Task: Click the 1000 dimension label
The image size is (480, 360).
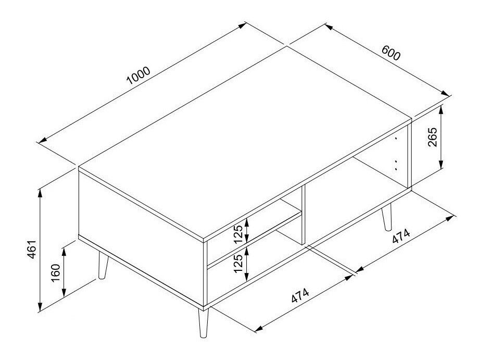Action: click(138, 76)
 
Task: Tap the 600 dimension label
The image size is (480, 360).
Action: click(390, 53)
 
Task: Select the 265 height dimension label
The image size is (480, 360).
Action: click(433, 137)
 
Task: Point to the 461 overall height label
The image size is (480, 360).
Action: click(32, 250)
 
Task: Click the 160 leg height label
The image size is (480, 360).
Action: click(55, 272)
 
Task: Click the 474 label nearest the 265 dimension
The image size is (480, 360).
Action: click(401, 236)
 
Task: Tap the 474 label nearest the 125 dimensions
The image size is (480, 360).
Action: click(300, 295)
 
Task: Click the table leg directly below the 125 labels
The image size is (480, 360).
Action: click(203, 323)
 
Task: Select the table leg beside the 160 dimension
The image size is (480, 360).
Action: click(103, 265)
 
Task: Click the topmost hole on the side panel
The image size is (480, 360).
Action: click(396, 139)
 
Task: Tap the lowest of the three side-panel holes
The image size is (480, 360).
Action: click(396, 169)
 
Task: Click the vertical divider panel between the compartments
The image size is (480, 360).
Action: click(304, 215)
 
